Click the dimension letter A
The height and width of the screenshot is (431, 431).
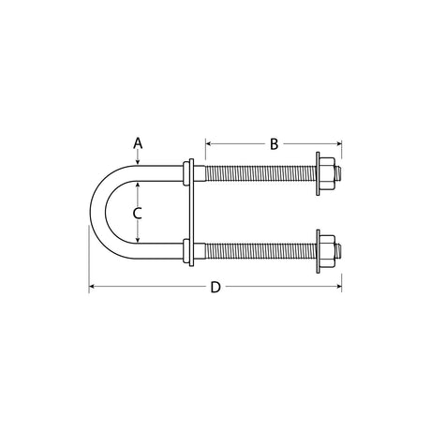(x=138, y=143)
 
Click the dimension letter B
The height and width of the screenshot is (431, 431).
(x=274, y=144)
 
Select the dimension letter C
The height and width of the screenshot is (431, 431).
(x=137, y=214)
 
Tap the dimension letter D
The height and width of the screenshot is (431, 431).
(x=215, y=287)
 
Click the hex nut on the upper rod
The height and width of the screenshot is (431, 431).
(x=327, y=173)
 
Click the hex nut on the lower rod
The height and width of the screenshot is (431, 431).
(x=327, y=251)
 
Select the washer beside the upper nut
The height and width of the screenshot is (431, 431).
(x=318, y=173)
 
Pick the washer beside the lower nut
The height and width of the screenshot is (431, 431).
(x=318, y=251)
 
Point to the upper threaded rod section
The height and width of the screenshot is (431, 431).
(x=260, y=173)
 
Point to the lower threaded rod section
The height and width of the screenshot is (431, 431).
(x=260, y=251)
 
